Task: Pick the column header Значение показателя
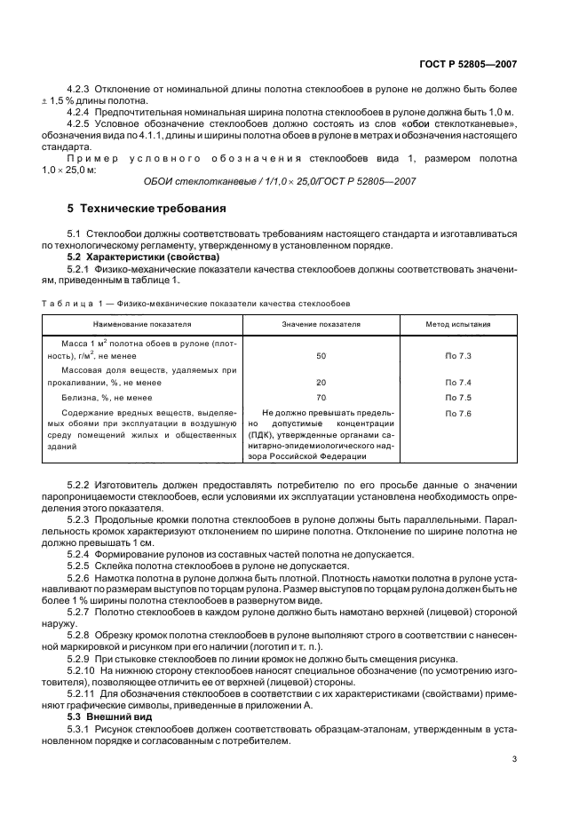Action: point(321,325)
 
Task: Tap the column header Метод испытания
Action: point(457,325)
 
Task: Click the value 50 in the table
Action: point(321,355)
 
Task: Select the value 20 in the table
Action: point(321,383)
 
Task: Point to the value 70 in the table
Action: point(321,398)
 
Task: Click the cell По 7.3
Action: point(458,355)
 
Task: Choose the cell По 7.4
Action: point(458,383)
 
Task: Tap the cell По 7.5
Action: point(458,398)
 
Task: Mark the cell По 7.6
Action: point(458,414)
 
